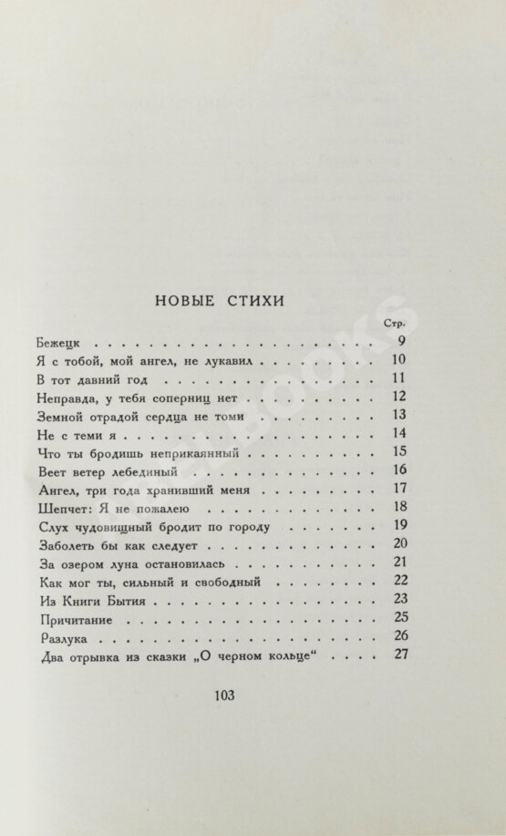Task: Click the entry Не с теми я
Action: tap(79, 434)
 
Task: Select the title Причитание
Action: tap(80, 618)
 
